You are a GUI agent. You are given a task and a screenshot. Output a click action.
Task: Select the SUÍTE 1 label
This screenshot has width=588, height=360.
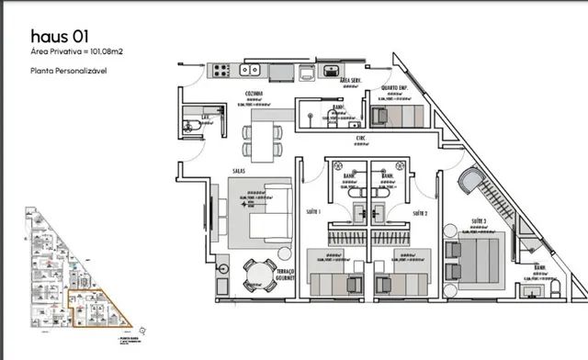tap(314, 212)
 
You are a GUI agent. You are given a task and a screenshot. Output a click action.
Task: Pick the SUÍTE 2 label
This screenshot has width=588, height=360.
tap(420, 212)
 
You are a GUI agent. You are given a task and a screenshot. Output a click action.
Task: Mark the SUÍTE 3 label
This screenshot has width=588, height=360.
tap(478, 222)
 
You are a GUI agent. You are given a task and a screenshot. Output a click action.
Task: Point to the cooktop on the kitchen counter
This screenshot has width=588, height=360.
tap(221, 68)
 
